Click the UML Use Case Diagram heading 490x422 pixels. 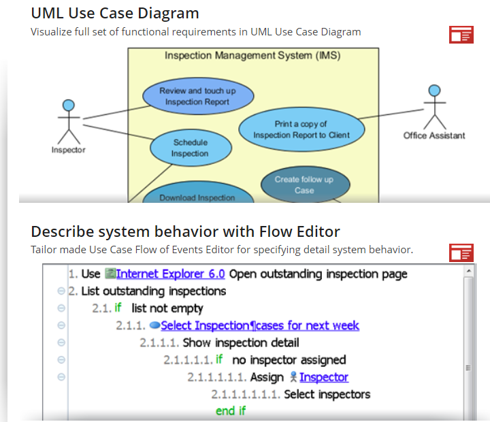pyautogui.click(x=115, y=13)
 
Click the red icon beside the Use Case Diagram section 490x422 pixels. pyautogui.click(x=461, y=35)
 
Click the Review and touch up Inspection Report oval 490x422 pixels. pyautogui.click(x=197, y=96)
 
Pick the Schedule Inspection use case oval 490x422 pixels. pyautogui.click(x=190, y=148)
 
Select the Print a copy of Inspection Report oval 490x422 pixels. pyautogui.click(x=301, y=129)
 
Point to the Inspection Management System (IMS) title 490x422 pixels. pyautogui.click(x=252, y=56)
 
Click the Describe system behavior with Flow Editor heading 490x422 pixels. pyautogui.click(x=185, y=231)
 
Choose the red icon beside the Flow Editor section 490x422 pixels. pyautogui.click(x=461, y=253)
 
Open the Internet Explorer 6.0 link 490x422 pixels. pyautogui.click(x=170, y=274)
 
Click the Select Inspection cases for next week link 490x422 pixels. pyautogui.click(x=259, y=325)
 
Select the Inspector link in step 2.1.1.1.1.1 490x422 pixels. pyautogui.click(x=323, y=377)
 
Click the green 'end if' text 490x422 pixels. pyautogui.click(x=230, y=411)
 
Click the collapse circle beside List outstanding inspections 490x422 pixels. pyautogui.click(x=61, y=291)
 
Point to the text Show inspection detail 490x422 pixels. pyautogui.click(x=241, y=342)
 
